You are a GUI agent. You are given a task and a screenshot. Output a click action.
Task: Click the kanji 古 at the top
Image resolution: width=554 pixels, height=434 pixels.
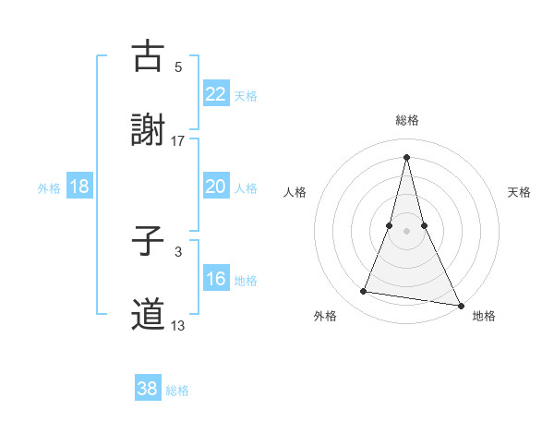148,56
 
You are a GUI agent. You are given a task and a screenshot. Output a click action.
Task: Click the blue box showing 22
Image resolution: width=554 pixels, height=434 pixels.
215,94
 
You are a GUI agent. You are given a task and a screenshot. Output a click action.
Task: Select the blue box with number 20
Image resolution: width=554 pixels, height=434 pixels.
215,187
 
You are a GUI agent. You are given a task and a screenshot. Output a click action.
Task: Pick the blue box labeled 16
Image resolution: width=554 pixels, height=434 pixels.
215,279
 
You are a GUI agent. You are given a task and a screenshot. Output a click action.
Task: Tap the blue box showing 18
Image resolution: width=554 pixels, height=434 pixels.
79,187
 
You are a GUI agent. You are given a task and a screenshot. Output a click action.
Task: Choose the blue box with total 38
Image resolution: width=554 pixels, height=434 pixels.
147,389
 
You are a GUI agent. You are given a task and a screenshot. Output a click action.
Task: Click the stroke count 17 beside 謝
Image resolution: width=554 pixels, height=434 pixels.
178,141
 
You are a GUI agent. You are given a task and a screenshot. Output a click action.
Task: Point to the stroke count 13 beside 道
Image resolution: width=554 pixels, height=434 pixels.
178,325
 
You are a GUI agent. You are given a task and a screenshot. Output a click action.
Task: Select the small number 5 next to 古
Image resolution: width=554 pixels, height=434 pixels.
178,66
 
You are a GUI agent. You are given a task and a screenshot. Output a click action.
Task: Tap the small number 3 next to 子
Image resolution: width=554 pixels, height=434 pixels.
178,251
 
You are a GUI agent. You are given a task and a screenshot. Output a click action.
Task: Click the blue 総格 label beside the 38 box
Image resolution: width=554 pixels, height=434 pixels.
177,391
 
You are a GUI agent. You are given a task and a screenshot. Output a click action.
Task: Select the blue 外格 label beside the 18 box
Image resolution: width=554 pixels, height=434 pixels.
49,188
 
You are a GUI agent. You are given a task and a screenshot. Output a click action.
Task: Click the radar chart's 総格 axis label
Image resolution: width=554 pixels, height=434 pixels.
407,120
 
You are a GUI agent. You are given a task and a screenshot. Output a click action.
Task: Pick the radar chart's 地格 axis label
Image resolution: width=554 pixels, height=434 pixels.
484,316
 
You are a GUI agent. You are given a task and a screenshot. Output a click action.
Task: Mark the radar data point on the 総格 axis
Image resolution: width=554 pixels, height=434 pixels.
407,156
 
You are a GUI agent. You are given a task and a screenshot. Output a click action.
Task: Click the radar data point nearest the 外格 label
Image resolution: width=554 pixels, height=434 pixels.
364,292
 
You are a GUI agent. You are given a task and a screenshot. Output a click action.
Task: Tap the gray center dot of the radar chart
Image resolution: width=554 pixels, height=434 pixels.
407,230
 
